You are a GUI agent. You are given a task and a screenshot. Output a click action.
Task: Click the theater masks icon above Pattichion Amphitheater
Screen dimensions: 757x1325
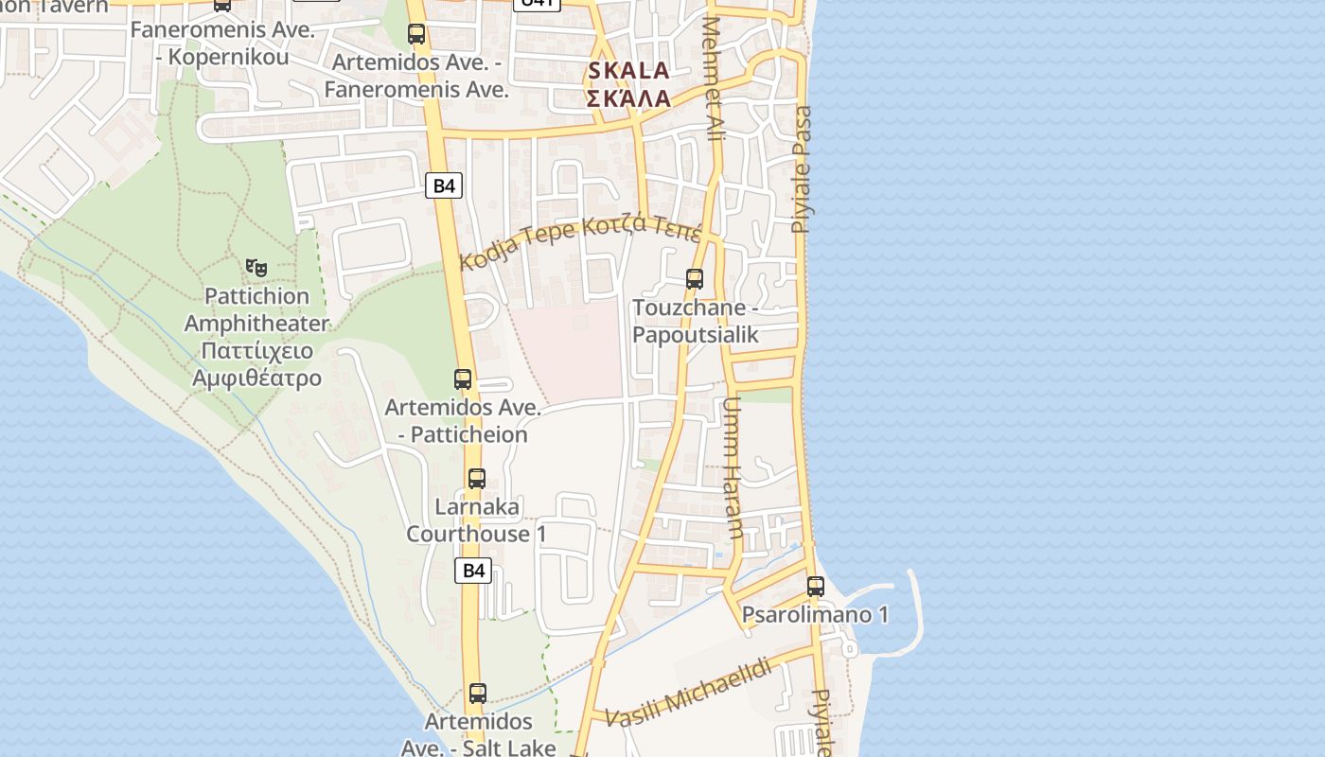(256, 268)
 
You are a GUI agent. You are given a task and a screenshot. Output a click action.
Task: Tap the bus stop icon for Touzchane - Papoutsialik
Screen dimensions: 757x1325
(695, 279)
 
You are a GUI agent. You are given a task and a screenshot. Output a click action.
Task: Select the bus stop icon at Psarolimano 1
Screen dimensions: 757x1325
(816, 587)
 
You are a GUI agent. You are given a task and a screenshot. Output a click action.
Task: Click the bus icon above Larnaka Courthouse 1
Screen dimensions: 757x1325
(477, 479)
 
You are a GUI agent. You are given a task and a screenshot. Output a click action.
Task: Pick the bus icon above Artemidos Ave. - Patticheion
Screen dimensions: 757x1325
(463, 379)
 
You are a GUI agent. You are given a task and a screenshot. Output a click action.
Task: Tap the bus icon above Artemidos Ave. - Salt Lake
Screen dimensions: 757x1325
(478, 694)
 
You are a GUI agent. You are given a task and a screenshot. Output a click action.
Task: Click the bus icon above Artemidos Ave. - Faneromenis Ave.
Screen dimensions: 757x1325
(416, 35)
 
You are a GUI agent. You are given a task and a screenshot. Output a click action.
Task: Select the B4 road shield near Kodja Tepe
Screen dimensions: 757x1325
(444, 185)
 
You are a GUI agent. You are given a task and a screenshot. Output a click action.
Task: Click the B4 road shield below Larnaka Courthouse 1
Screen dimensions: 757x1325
(474, 571)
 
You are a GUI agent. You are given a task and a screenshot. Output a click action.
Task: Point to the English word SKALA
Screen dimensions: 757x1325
(628, 71)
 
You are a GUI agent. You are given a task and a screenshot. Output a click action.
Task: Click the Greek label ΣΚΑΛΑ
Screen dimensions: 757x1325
(628, 98)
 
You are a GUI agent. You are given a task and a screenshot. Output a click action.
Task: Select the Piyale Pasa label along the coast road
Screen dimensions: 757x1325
(803, 168)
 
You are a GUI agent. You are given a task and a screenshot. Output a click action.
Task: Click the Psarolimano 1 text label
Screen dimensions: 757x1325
(815, 615)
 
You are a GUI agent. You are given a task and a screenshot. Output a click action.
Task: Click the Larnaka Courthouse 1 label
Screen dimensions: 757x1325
(477, 520)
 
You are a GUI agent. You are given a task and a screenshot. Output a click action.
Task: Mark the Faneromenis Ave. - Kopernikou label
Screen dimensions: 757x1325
(222, 44)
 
